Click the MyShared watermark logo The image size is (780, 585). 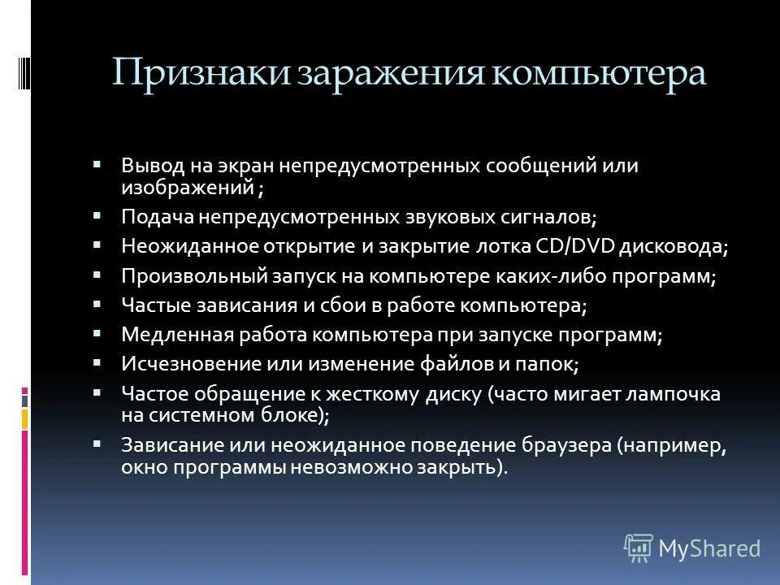tap(692, 548)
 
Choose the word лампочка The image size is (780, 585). tap(680, 394)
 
